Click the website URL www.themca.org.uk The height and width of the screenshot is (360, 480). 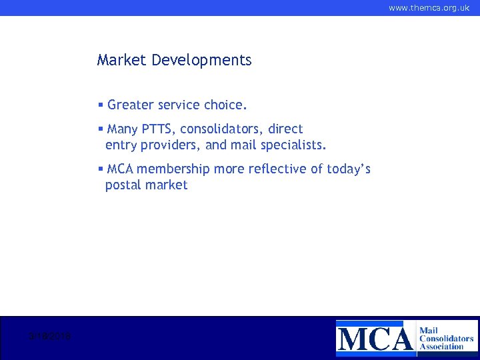click(429, 8)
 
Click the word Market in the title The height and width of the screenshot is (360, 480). click(122, 60)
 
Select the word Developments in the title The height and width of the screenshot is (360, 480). click(201, 60)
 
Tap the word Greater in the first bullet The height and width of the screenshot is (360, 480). click(129, 105)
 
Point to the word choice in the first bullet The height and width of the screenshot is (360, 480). click(225, 105)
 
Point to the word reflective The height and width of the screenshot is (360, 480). click(277, 169)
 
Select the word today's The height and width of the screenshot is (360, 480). click(349, 169)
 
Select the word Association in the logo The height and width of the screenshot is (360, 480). click(441, 347)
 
